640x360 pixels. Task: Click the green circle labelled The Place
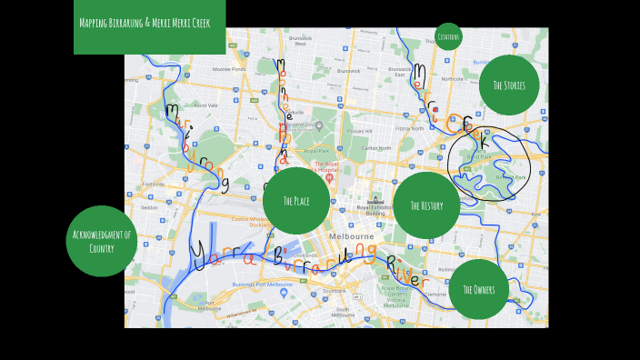click(x=295, y=201)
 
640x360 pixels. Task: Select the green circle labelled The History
click(x=426, y=205)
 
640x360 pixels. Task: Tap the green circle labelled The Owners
click(x=478, y=289)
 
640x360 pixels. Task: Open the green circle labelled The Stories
click(x=509, y=85)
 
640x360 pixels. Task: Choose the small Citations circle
click(x=447, y=37)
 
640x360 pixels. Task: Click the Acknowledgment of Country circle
click(x=102, y=241)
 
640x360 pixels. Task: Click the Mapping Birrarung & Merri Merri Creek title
click(x=150, y=23)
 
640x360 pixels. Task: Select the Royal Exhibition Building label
click(x=375, y=210)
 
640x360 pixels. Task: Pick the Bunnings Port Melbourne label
click(x=263, y=285)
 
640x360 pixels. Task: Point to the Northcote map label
click(x=453, y=79)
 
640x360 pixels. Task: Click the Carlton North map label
click(x=376, y=147)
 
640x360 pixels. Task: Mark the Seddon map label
click(x=150, y=207)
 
